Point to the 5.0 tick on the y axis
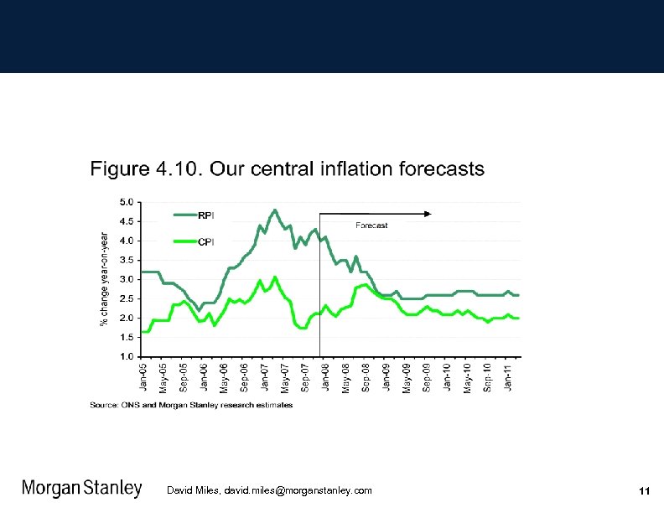(x=125, y=202)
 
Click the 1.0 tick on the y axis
(x=125, y=356)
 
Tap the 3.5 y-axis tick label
(x=125, y=260)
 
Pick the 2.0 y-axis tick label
(x=125, y=318)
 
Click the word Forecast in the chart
(x=371, y=225)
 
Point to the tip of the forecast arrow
(x=431, y=214)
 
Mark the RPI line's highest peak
(x=275, y=210)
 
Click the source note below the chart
(x=191, y=405)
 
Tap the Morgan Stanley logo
(x=81, y=489)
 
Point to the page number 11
(x=644, y=490)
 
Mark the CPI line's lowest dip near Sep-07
(x=303, y=328)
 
